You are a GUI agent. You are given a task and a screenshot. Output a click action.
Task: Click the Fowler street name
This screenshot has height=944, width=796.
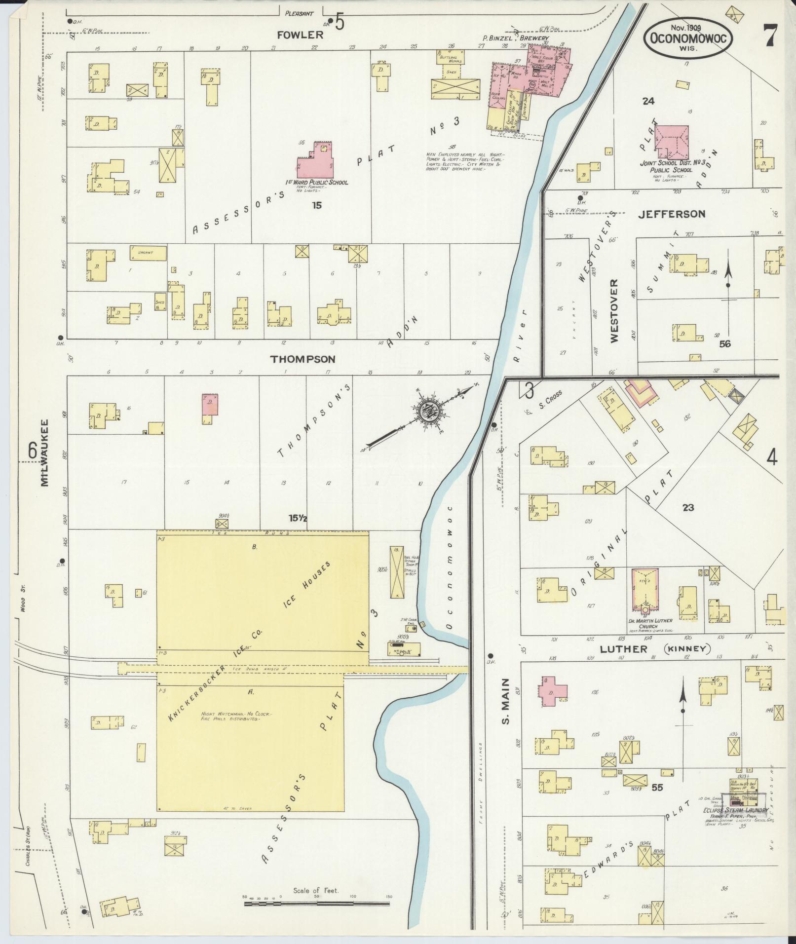306,35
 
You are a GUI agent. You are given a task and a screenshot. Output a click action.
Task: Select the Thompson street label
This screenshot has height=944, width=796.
303,359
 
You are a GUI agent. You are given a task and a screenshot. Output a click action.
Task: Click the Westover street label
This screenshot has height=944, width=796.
614,311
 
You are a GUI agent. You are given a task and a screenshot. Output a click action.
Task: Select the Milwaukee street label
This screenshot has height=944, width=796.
45,453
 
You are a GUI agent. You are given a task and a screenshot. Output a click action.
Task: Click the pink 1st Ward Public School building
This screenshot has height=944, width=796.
315,163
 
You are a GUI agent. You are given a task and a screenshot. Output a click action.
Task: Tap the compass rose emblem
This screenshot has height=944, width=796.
424,414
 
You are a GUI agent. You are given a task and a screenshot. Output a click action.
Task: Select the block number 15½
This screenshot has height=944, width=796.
299,518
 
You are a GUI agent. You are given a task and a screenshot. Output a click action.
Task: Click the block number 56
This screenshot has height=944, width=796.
724,344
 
